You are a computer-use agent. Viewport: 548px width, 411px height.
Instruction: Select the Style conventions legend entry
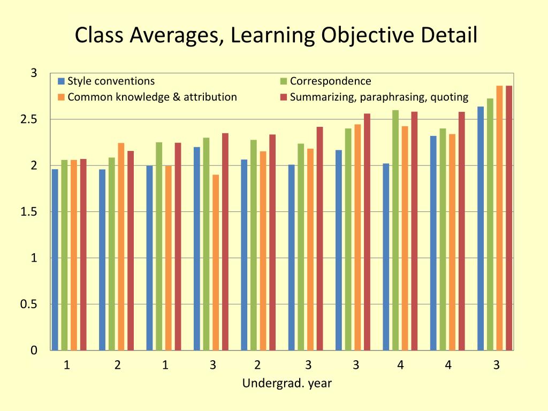(x=111, y=81)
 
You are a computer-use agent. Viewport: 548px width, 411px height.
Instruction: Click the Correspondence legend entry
(x=330, y=81)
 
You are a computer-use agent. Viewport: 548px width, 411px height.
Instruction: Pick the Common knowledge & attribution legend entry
(x=152, y=97)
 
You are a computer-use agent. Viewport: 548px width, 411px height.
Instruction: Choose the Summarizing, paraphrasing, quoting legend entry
(x=379, y=97)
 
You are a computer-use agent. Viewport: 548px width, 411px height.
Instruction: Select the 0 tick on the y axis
(x=34, y=351)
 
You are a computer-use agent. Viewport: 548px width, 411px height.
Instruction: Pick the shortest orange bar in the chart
(x=216, y=262)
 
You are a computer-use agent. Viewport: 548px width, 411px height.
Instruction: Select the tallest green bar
(x=395, y=230)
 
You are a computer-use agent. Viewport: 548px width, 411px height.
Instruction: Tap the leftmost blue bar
(x=55, y=260)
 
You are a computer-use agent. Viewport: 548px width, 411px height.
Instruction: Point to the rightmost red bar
(x=509, y=218)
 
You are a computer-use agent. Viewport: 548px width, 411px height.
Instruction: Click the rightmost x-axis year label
(x=497, y=366)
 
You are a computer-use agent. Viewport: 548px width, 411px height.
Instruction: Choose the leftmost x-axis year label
(x=67, y=366)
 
